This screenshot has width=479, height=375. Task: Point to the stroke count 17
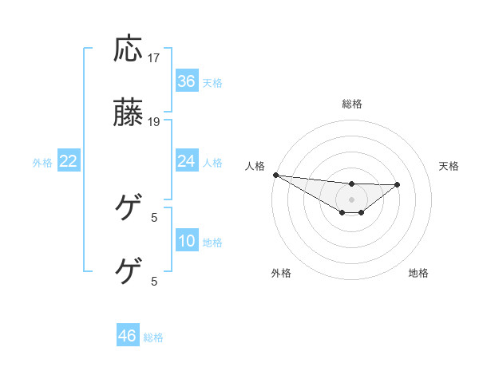[x=155, y=58]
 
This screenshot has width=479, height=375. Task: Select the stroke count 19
[x=155, y=122]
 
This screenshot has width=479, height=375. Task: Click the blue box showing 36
[x=187, y=81]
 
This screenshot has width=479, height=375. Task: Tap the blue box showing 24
[x=187, y=161]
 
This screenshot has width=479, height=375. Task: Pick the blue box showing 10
[x=187, y=241]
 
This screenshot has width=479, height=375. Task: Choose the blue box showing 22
[x=69, y=161]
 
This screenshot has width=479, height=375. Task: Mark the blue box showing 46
[x=128, y=336]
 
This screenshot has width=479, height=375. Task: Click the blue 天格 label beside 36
[x=212, y=82]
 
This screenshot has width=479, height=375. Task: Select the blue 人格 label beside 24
[x=212, y=163]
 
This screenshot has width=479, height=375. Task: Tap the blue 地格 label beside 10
[x=212, y=243]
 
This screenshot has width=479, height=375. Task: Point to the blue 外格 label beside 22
[x=42, y=163]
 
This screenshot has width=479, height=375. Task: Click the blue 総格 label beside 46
[x=153, y=337]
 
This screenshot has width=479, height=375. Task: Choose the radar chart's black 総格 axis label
[x=352, y=104]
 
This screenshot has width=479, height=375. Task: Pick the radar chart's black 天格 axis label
[x=449, y=166]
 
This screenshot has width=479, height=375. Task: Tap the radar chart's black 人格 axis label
[x=255, y=166]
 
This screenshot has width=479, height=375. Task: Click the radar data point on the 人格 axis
[x=275, y=175]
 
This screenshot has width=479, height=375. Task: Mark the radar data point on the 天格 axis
[x=398, y=184]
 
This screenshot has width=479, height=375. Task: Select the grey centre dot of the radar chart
[x=352, y=199]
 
